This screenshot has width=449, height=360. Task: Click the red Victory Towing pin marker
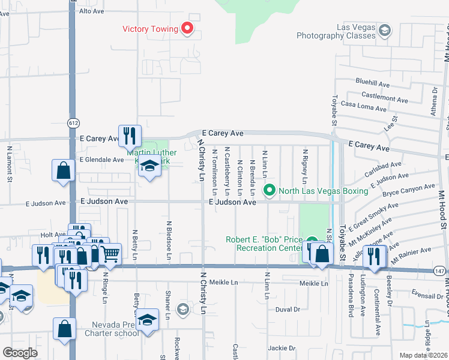[x=187, y=28]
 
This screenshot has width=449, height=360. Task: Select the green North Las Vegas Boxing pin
[x=270, y=191]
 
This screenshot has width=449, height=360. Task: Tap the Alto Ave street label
[x=92, y=11]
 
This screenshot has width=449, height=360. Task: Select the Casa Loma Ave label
[x=363, y=106]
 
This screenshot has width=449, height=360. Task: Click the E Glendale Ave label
[x=101, y=160]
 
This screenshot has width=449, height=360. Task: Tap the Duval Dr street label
[x=288, y=310]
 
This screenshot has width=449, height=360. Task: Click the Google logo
[x=20, y=353]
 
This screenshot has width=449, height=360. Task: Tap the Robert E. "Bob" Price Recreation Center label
[x=264, y=244]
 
